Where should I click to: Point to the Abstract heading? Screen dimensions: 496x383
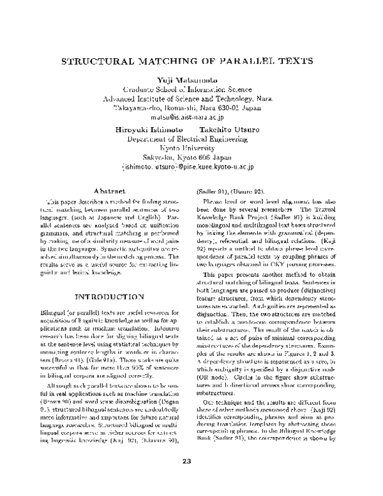tap(105, 190)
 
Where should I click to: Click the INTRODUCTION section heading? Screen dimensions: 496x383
tap(105, 297)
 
